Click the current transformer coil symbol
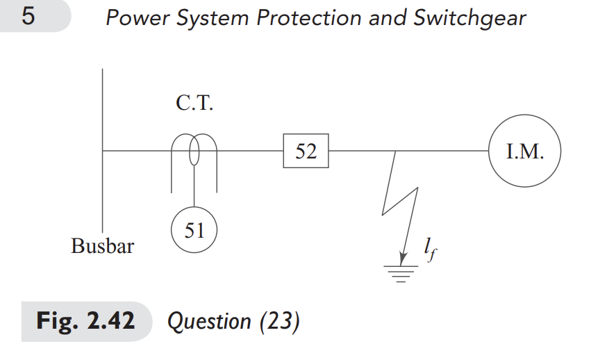[x=194, y=152]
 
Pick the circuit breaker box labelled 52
[x=306, y=151]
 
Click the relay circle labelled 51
[x=194, y=230]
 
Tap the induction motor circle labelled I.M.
[x=524, y=151]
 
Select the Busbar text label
[x=102, y=245]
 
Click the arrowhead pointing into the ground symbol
[x=402, y=257]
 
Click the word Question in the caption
[x=209, y=322]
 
